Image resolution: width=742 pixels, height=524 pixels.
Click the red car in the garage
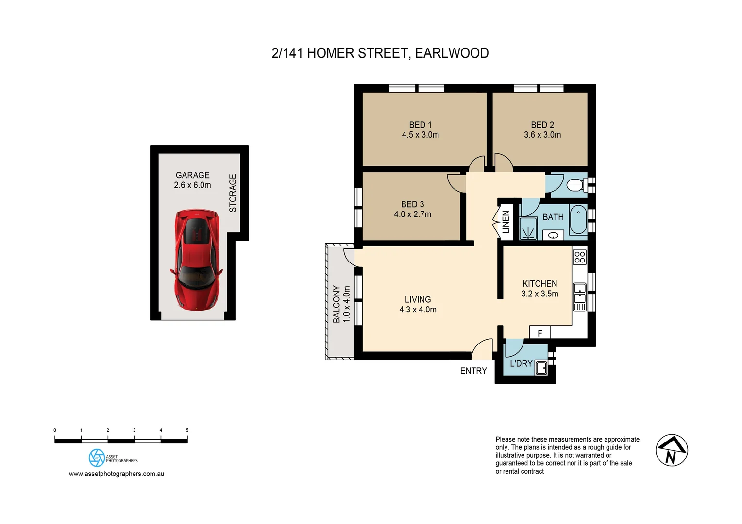[196, 260]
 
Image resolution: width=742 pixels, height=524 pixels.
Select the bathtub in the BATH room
[578, 220]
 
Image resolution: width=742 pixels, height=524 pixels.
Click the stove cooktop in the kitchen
[580, 257]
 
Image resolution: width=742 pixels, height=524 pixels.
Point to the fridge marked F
[540, 333]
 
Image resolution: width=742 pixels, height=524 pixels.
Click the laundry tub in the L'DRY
[541, 368]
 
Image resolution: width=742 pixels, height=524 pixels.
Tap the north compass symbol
[672, 450]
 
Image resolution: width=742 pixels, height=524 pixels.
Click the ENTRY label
[473, 371]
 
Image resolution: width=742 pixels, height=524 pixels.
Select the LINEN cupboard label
[506, 222]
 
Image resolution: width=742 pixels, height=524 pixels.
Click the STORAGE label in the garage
[233, 193]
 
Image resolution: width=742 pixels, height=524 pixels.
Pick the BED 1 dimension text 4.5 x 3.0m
[420, 135]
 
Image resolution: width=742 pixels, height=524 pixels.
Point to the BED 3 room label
[412, 204]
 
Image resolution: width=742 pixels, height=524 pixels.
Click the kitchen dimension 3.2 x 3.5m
[540, 294]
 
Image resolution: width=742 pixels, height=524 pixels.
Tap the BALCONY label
[336, 304]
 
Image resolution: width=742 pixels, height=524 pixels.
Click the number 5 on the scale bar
[187, 430]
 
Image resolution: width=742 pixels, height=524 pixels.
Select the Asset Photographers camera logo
[97, 458]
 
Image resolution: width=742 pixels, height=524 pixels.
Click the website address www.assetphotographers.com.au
[117, 474]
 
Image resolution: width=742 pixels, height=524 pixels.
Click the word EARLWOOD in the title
[452, 53]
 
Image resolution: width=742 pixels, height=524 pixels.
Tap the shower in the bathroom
[528, 229]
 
